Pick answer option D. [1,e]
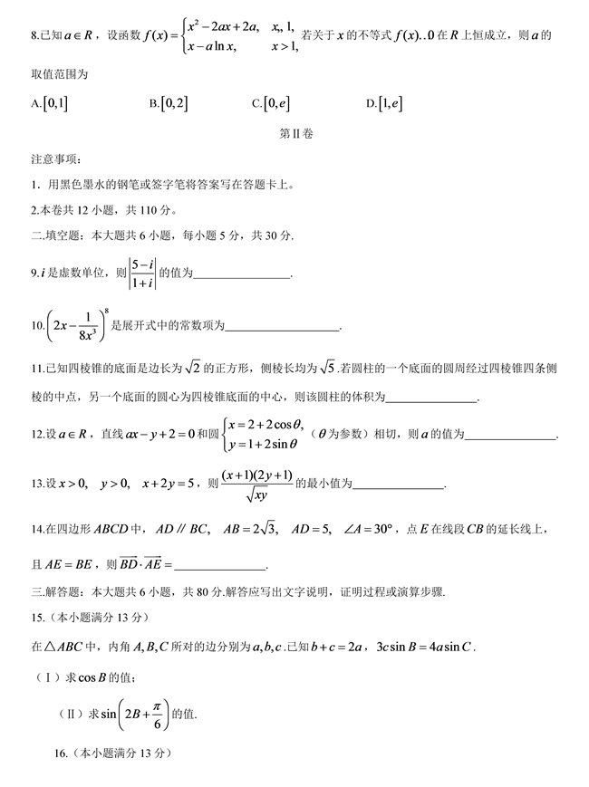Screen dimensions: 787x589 click(x=384, y=103)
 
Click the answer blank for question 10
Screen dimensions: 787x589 click(x=282, y=327)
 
